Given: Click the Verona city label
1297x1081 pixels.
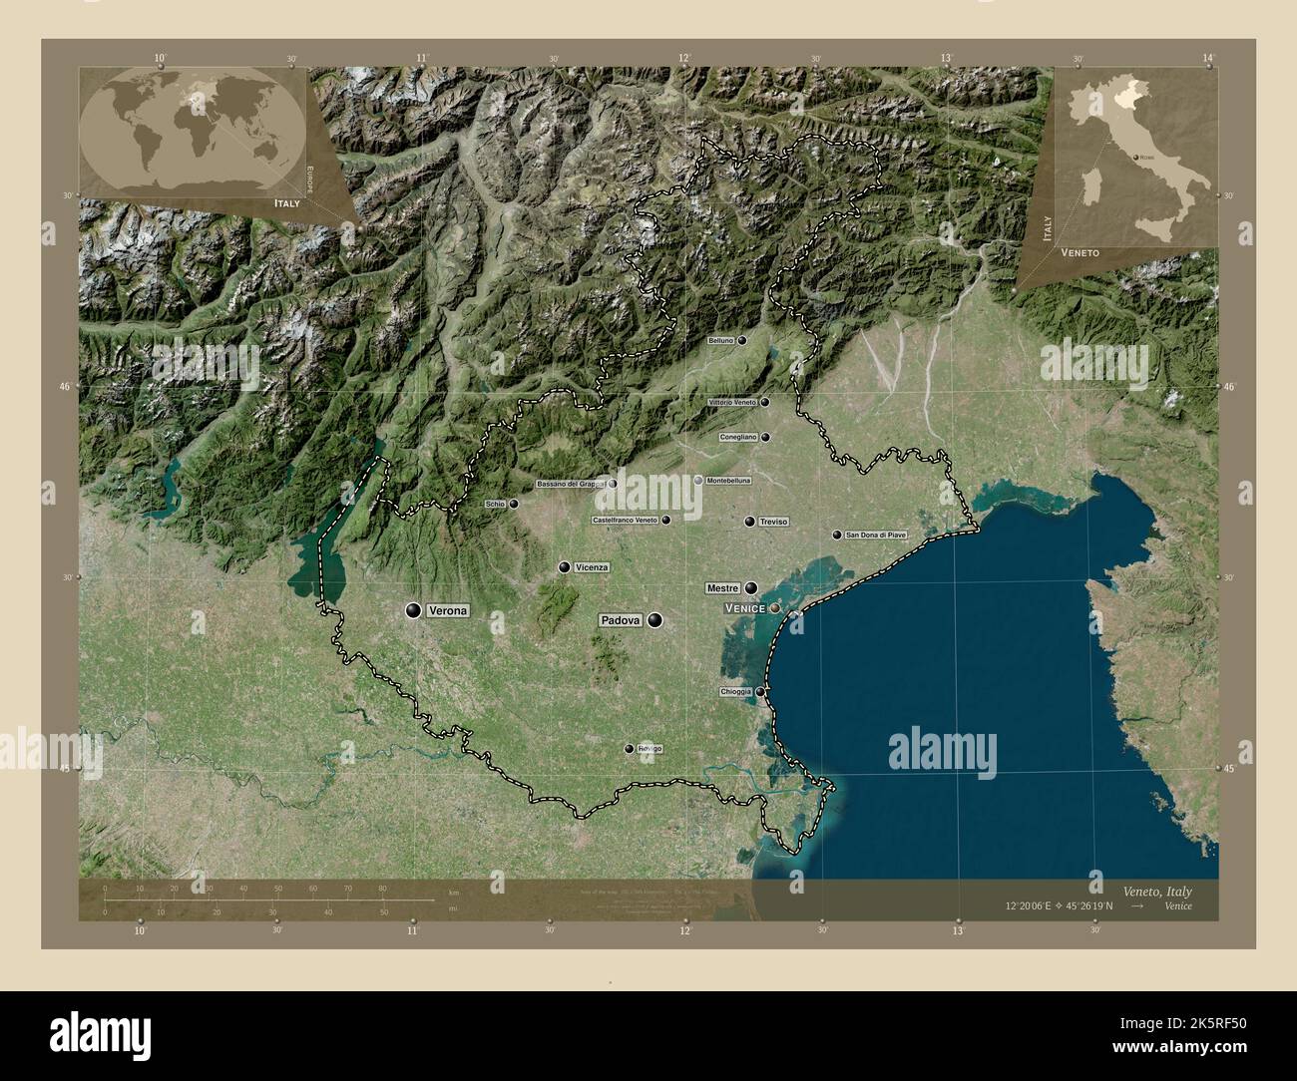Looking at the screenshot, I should (447, 610).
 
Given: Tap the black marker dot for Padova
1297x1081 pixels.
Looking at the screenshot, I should (654, 620).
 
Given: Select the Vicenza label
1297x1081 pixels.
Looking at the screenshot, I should (592, 567).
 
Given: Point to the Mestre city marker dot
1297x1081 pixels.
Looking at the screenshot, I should (750, 588).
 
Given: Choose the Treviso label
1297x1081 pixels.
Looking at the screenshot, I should (773, 522).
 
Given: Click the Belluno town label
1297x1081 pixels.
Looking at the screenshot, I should (720, 340).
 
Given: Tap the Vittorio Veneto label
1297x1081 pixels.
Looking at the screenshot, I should (732, 402).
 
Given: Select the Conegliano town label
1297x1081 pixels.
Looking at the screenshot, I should (739, 437).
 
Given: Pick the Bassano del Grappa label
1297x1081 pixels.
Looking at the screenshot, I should (571, 484).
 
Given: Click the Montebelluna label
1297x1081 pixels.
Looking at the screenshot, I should (728, 480).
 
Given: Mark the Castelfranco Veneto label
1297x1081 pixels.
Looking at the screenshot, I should (625, 520).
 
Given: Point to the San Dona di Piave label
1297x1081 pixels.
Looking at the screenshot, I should (876, 535).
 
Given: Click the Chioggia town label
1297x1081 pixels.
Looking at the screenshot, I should (735, 692).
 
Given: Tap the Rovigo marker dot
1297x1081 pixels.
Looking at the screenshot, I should (629, 749).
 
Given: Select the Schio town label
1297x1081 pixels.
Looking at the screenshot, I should (496, 504).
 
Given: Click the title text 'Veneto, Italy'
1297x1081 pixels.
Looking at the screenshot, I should (1156, 891).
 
